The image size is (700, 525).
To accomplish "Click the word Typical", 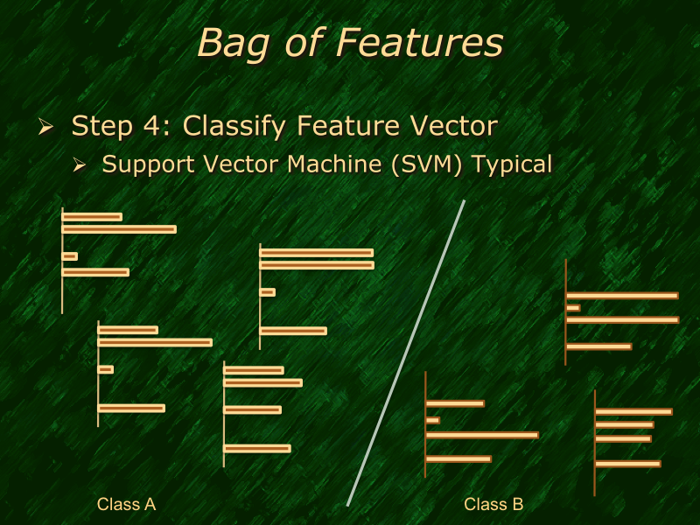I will click(512, 164).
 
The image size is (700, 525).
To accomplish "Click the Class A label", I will click(126, 504).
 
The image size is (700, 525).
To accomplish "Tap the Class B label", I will click(493, 504).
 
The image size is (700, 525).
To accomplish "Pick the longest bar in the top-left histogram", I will click(119, 229).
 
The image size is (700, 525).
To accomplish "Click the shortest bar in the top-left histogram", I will click(70, 256).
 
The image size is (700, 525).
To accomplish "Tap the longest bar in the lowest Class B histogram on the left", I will click(481, 435).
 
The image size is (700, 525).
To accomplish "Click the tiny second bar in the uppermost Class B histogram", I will click(573, 308).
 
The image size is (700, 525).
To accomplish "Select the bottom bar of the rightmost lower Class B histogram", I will click(627, 464).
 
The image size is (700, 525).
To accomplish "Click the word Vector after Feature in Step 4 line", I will click(447, 126).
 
